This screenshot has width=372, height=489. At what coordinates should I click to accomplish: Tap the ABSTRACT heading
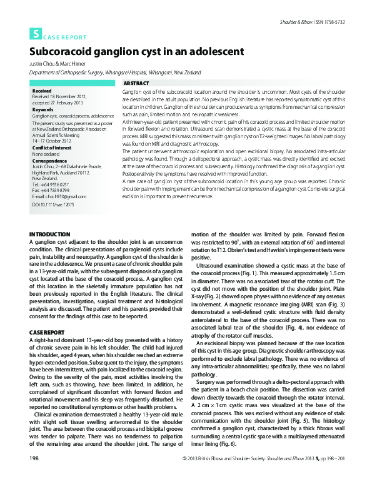pos(137,83)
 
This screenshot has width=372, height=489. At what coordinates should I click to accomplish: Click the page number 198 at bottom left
pos(34,476)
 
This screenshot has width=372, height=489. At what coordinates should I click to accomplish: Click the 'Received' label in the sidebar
pos(42,91)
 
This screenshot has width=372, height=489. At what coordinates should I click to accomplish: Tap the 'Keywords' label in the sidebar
pos(43,110)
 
